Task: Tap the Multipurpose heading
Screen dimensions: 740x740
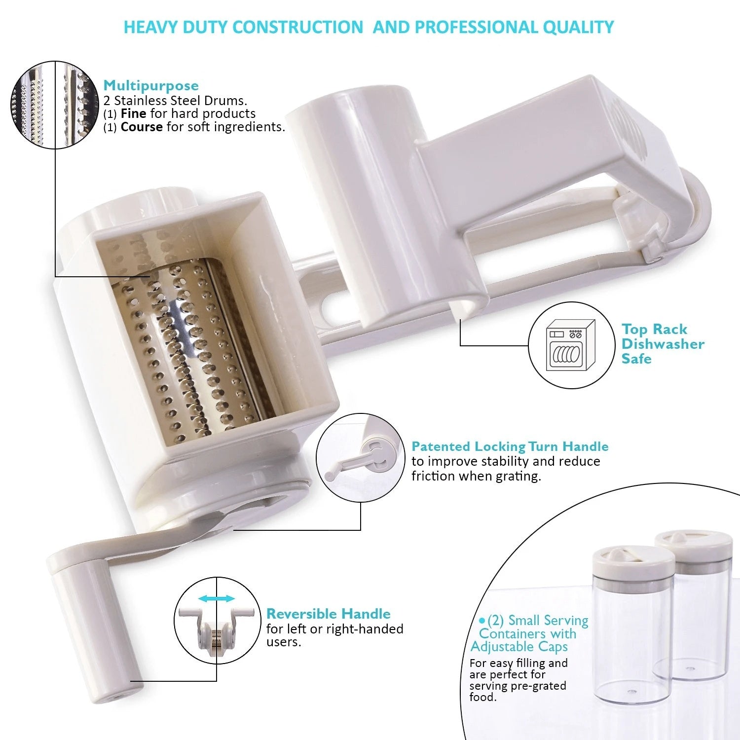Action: pos(151,86)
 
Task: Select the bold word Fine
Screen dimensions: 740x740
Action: pos(133,113)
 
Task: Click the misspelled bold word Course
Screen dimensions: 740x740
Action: pos(142,127)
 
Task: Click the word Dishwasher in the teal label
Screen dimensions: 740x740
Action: pos(663,344)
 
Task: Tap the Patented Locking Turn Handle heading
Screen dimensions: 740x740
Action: pos(510,446)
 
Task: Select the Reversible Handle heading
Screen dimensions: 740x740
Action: pos(328,614)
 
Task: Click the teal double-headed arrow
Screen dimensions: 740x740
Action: pos(216,599)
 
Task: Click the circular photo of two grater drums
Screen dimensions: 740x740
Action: pos(55,105)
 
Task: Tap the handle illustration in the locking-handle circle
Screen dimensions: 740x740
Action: pos(358,459)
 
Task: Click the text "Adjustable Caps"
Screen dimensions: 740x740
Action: pos(519,647)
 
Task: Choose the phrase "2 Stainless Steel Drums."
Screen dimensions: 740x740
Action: pos(175,101)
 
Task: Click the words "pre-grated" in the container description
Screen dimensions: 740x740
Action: pos(541,686)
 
